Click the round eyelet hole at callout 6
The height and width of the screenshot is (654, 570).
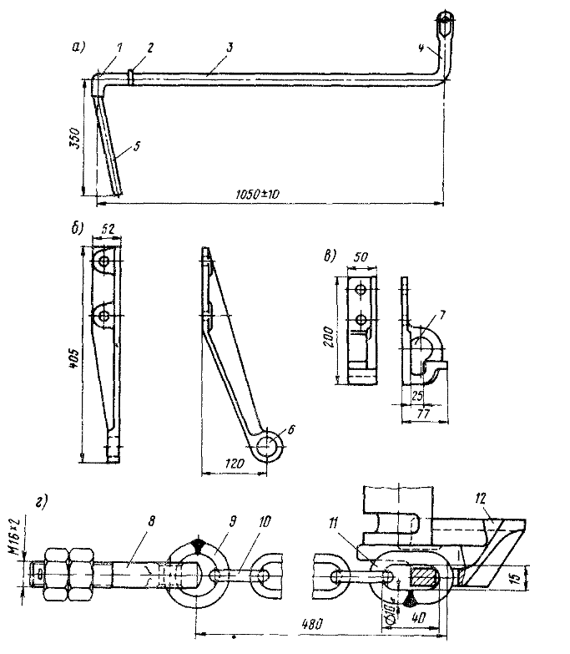click(x=270, y=447)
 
